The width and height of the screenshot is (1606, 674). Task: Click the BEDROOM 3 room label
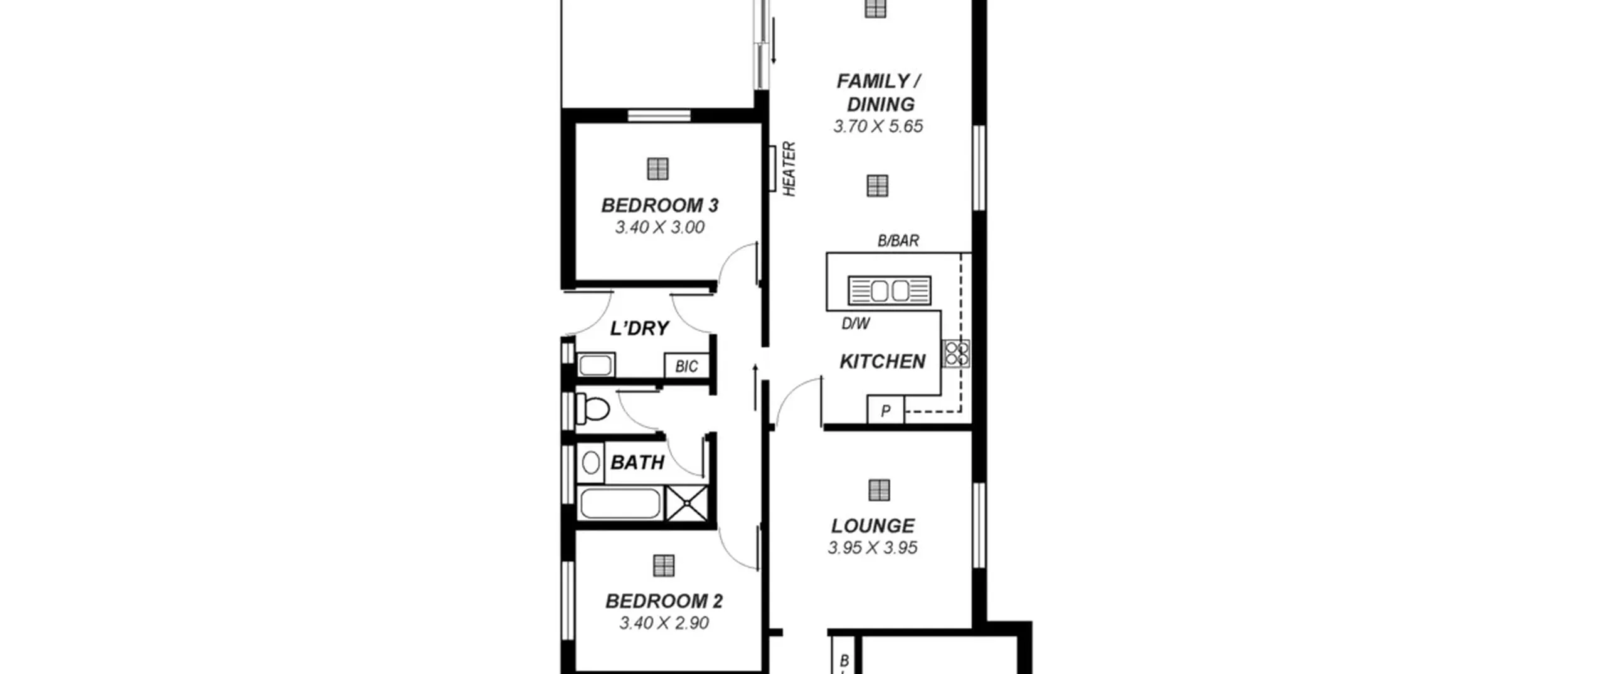click(x=660, y=205)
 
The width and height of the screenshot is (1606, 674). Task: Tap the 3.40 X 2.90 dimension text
click(x=664, y=623)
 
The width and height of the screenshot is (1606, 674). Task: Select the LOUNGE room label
click(x=873, y=525)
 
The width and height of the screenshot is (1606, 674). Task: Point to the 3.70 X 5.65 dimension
click(x=878, y=127)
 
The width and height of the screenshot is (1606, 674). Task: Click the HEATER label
click(x=789, y=169)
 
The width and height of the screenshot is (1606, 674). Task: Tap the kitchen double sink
click(x=889, y=291)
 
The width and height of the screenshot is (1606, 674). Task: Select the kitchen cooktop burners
click(x=956, y=353)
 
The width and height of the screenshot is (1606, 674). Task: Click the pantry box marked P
click(x=885, y=411)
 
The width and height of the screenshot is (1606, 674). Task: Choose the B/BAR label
click(x=898, y=241)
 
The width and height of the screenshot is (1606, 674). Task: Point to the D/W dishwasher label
click(x=856, y=324)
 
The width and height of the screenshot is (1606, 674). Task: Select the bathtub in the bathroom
click(x=620, y=503)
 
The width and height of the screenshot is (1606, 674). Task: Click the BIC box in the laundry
click(x=686, y=366)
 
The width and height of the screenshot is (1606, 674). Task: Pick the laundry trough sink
click(x=595, y=365)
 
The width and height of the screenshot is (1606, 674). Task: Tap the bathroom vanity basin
click(x=590, y=463)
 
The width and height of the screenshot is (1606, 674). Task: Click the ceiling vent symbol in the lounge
click(x=879, y=490)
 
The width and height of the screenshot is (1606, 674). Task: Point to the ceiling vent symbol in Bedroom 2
click(x=664, y=566)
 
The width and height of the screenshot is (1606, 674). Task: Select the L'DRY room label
click(x=639, y=328)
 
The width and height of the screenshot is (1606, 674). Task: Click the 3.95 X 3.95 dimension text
click(x=873, y=548)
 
